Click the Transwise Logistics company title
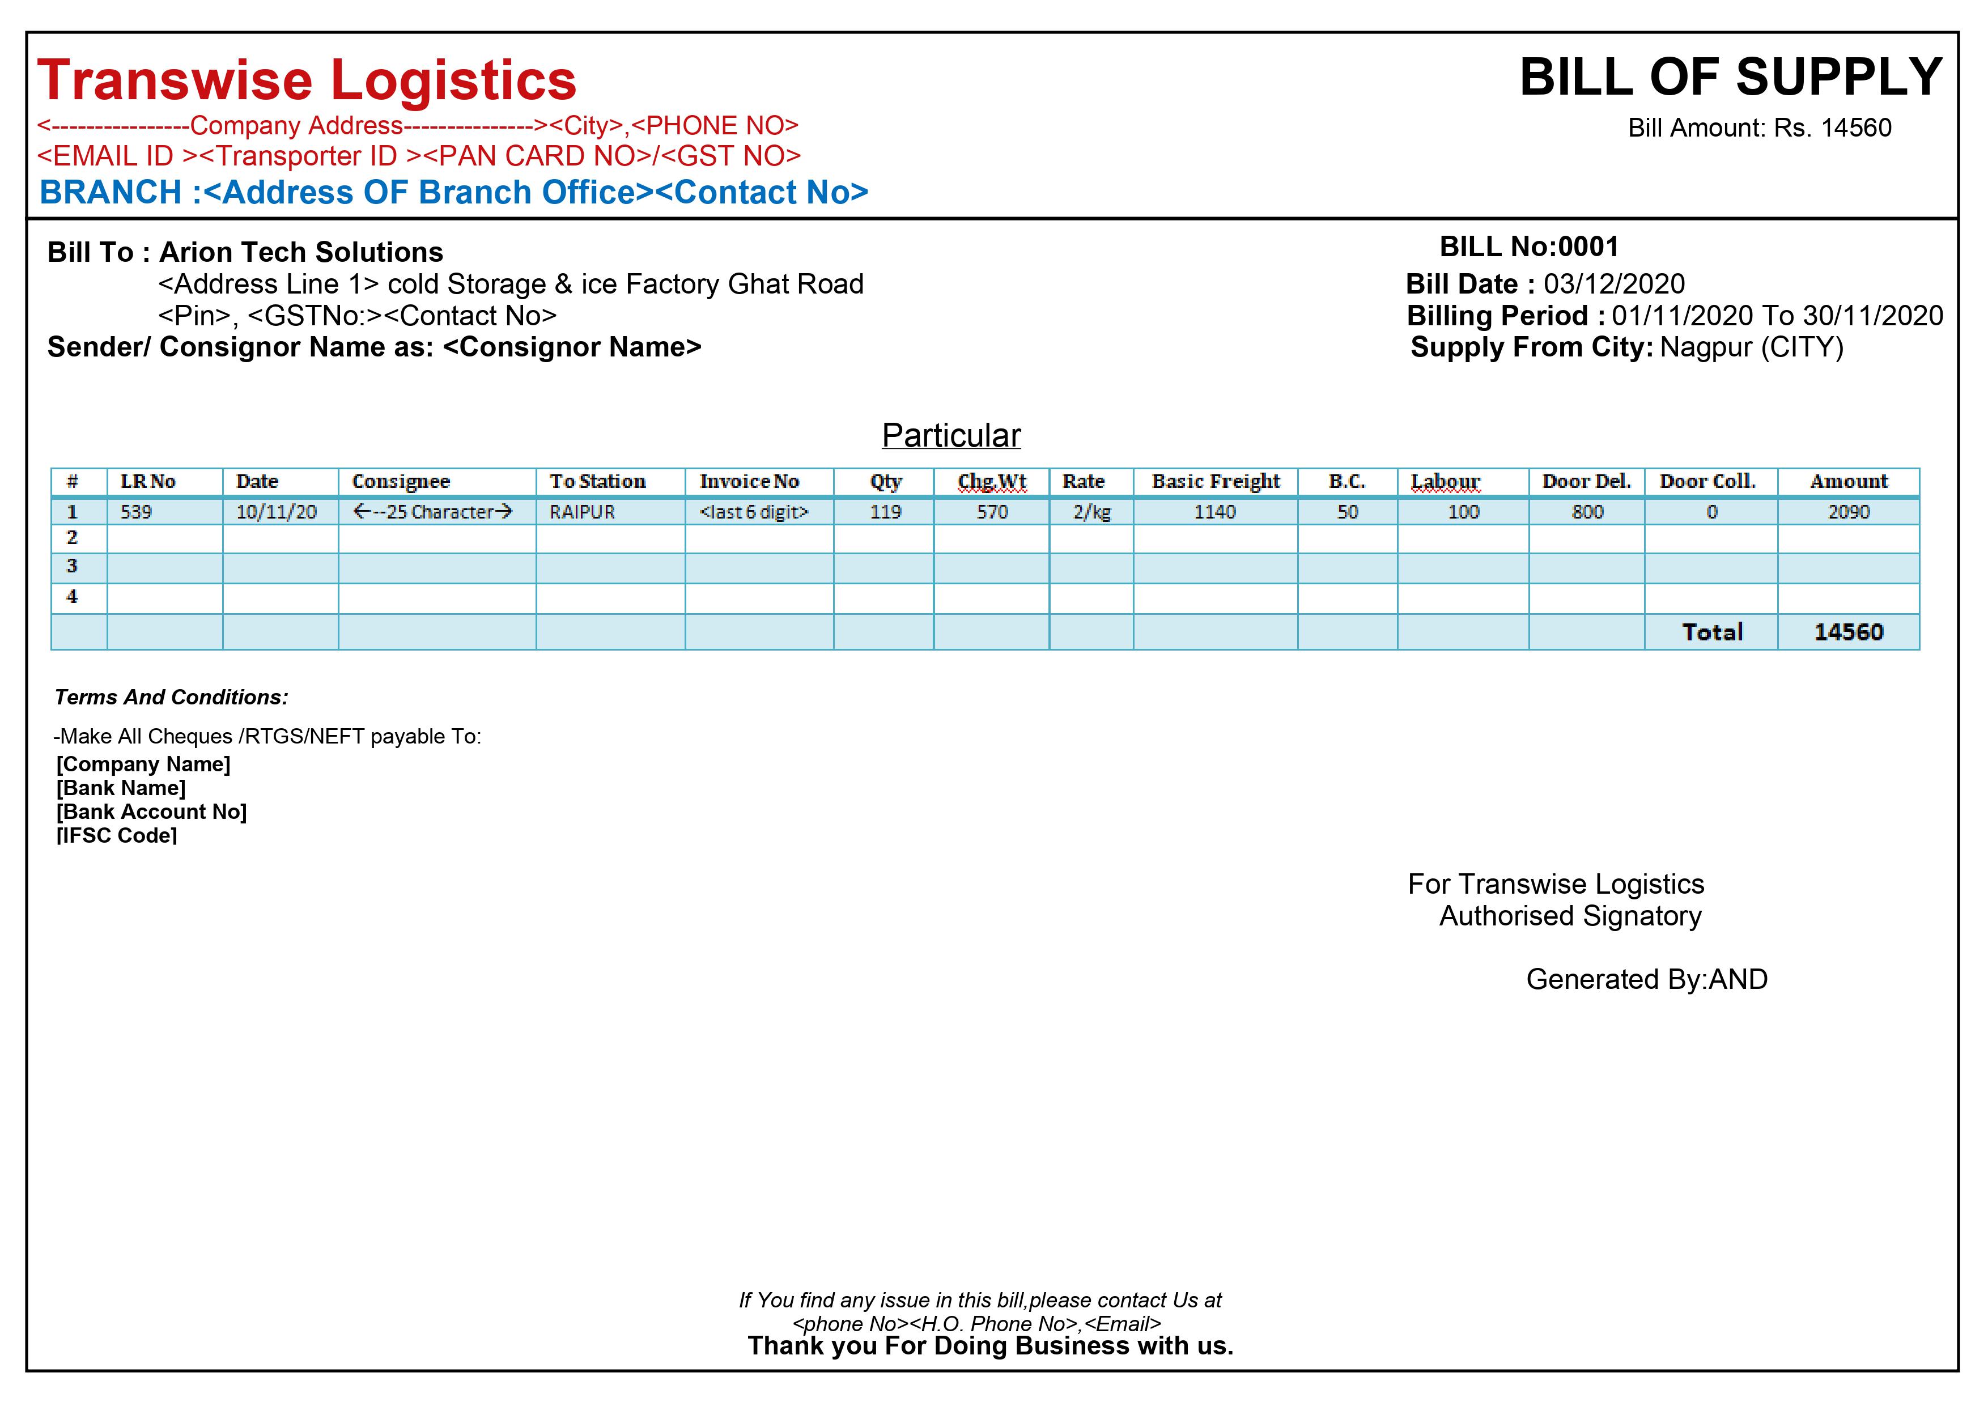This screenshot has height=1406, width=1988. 307,80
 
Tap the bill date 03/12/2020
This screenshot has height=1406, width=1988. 1614,284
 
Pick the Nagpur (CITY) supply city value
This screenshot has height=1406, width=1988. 1752,347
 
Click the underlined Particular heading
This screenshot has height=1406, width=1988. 951,435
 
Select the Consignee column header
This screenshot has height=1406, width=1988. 401,481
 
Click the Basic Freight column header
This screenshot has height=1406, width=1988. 1215,481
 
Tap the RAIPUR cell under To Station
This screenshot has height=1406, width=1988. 582,512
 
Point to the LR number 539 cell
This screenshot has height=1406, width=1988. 136,512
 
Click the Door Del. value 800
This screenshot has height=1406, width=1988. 1587,512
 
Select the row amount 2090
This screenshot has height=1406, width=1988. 1849,512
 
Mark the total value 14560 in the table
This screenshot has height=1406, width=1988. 1849,632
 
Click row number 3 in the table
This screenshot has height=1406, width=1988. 72,566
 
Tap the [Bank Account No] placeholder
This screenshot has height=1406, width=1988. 151,812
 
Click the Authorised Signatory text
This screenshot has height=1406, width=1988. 1570,916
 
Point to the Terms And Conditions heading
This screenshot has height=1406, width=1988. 172,698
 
